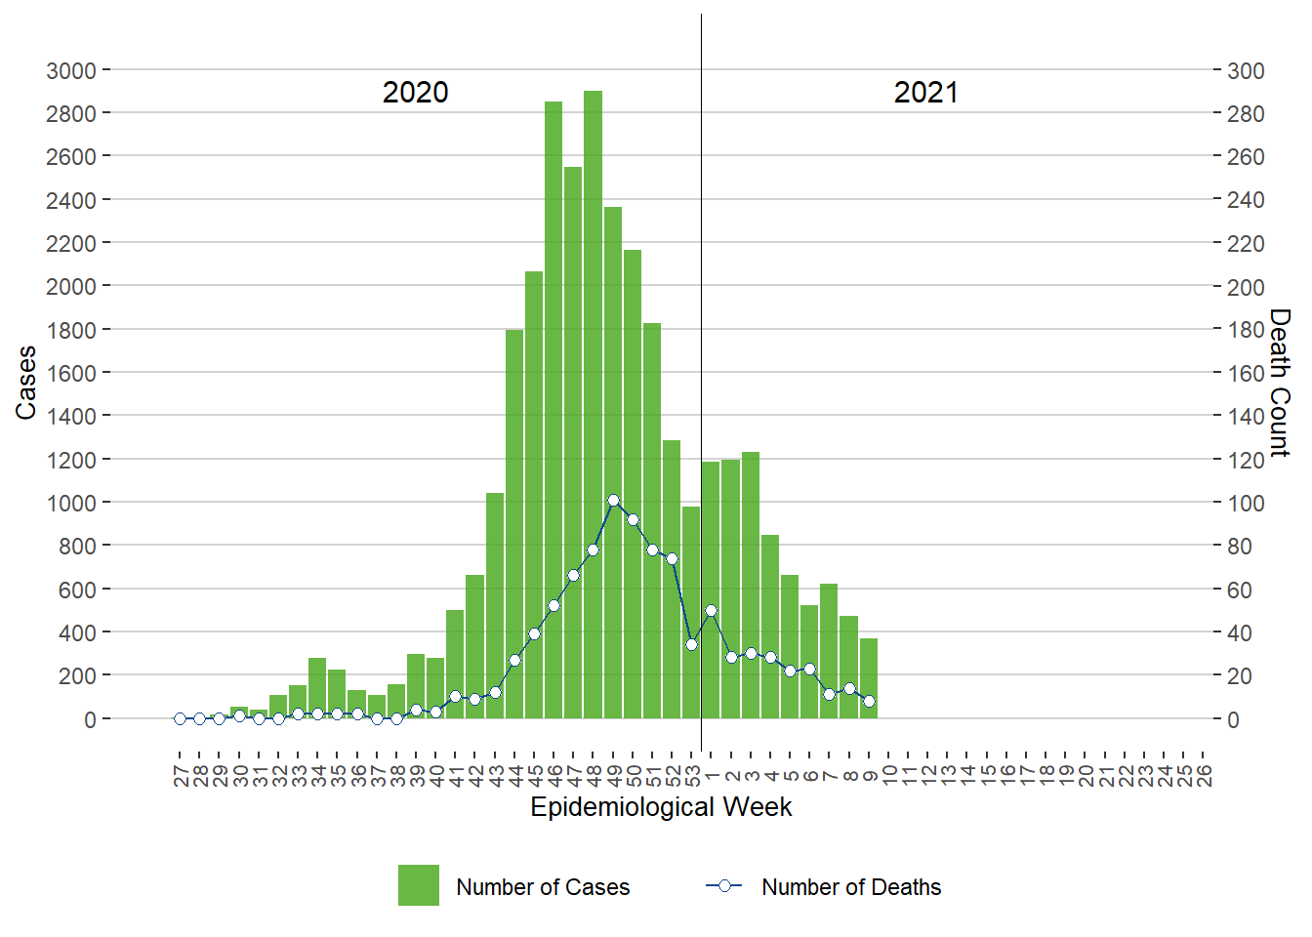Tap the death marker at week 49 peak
coord(613,501)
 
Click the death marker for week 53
coord(691,644)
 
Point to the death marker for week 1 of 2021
coord(711,611)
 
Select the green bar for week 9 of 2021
coord(869,679)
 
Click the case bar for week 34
coord(317,688)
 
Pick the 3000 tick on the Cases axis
coord(71,71)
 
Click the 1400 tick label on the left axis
coord(71,417)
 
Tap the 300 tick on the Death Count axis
coord(1246,71)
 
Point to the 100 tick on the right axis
coord(1246,504)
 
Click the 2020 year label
coord(415,93)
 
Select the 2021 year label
coord(926,93)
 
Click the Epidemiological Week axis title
coord(661,807)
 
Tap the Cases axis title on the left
coord(26,383)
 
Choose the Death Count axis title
coord(1280,383)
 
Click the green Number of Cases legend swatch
coord(419,885)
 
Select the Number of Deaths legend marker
coord(724,886)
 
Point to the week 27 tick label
coord(181,776)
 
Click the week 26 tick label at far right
coord(1205,776)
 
